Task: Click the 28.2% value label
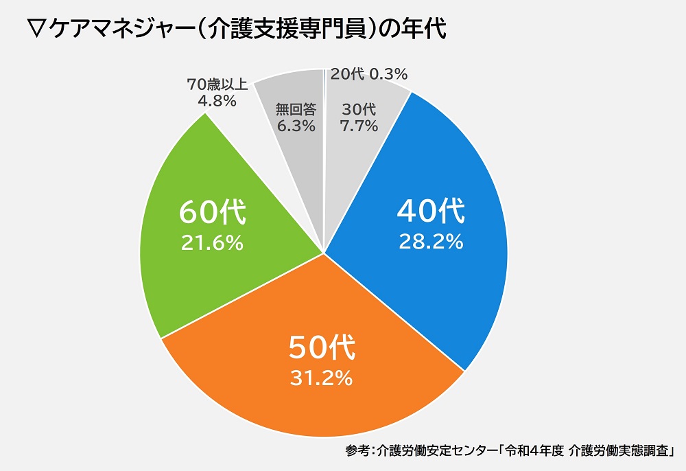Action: pos(430,242)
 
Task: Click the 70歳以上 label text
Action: pos(212,85)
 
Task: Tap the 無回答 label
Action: pos(295,109)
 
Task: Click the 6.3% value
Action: pos(295,126)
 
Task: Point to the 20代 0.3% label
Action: pos(369,73)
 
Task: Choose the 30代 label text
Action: pos(359,109)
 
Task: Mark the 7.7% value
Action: pos(359,126)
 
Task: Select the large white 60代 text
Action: pos(212,213)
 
